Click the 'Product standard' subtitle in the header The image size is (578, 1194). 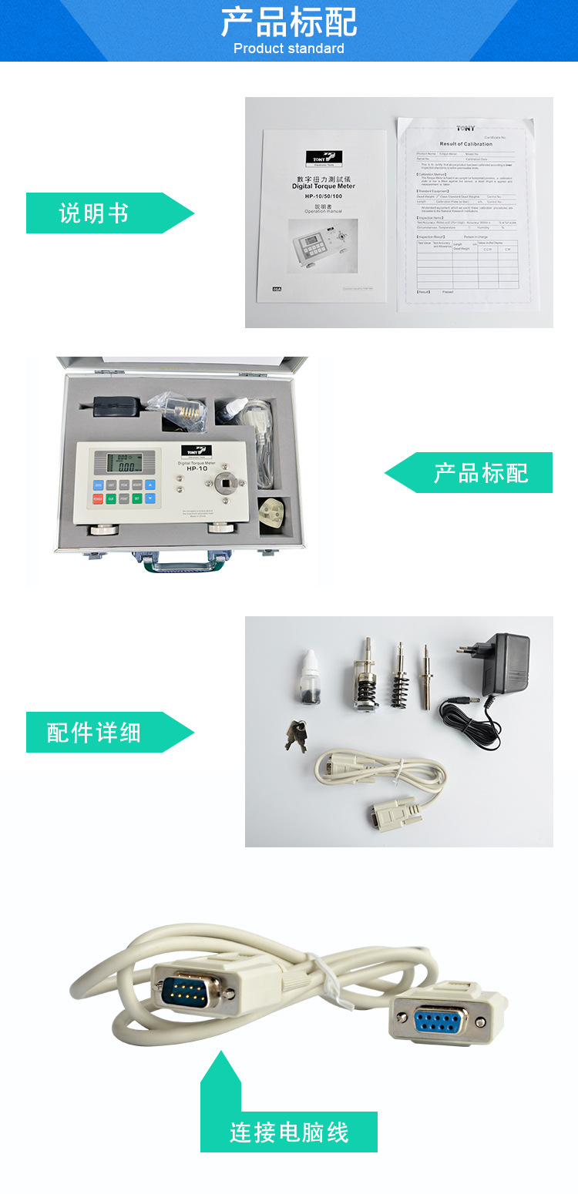click(x=288, y=49)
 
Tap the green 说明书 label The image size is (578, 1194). click(x=94, y=213)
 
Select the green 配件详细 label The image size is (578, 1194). click(x=94, y=733)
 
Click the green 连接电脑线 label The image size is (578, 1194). click(x=289, y=1132)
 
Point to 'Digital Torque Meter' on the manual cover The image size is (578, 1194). click(x=324, y=186)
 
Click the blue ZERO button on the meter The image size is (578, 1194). click(x=99, y=485)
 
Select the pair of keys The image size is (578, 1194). click(x=297, y=735)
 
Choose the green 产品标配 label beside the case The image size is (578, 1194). click(x=480, y=472)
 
